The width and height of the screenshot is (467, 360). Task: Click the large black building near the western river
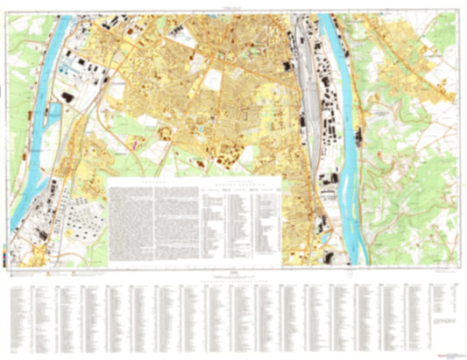point(67,95)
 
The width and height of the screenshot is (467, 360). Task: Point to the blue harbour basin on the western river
point(54,112)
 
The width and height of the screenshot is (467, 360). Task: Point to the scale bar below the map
point(233,275)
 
